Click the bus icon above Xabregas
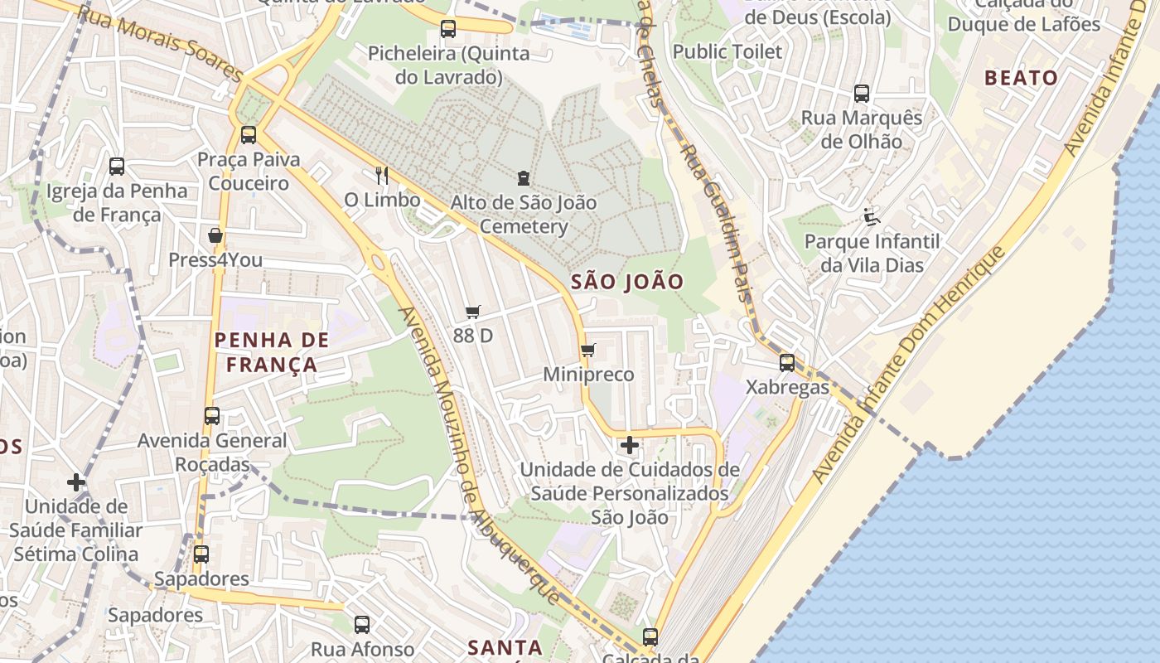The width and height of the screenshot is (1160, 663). [786, 362]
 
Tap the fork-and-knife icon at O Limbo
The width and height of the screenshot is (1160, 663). [382, 175]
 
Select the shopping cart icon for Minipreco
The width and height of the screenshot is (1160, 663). [588, 350]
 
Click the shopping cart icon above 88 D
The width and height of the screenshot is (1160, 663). [473, 312]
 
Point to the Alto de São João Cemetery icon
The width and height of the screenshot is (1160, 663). [524, 177]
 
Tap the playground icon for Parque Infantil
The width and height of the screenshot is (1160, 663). [872, 217]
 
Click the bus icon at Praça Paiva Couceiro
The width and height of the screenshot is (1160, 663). [248, 134]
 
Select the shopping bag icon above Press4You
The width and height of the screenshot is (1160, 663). [215, 235]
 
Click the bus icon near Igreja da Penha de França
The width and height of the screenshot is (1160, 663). [117, 166]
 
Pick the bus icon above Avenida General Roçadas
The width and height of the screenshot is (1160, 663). [212, 415]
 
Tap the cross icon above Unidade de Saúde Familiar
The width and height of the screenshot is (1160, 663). [76, 482]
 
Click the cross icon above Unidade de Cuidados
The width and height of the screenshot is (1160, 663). [630, 445]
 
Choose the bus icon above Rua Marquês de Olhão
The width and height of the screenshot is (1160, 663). [862, 93]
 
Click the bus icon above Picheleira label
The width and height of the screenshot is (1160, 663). [448, 29]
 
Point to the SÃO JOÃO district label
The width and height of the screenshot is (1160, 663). [627, 282]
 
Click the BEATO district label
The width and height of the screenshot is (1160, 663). [1021, 78]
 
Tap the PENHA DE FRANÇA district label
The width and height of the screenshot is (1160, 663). [272, 352]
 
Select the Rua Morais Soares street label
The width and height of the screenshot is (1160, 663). [162, 43]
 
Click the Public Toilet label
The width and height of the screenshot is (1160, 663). [727, 51]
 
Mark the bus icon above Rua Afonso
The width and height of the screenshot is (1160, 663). [362, 624]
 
